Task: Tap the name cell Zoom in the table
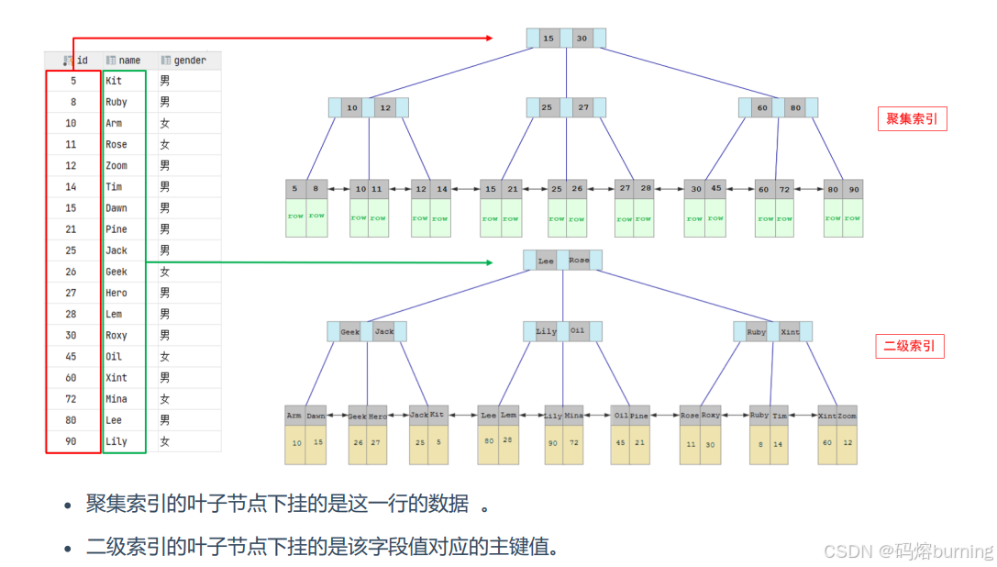[x=116, y=166]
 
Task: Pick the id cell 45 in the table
[x=72, y=357]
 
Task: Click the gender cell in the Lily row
[x=165, y=441]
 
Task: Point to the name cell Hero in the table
[x=116, y=293]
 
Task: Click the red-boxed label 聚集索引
[x=912, y=118]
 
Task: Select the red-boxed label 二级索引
[x=908, y=346]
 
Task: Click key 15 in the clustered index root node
[x=548, y=39]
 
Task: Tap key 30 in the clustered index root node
[x=582, y=39]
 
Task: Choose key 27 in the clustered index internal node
[x=584, y=107]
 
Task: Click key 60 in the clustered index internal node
[x=762, y=107]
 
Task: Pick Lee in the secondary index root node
[x=546, y=261]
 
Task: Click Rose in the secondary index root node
[x=579, y=261]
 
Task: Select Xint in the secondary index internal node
[x=790, y=331]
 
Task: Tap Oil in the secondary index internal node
[x=577, y=331]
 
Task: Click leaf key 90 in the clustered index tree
[x=855, y=189]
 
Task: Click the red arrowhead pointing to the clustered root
[x=489, y=39]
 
